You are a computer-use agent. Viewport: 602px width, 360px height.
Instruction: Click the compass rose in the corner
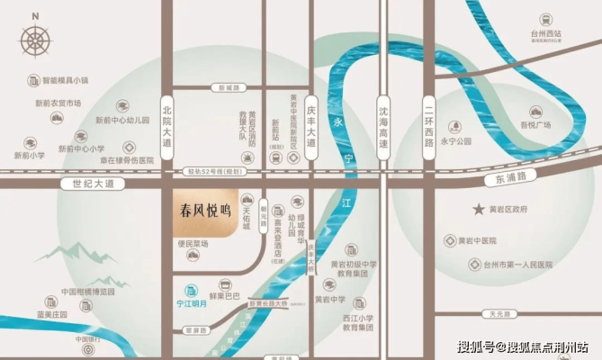[x=37, y=40]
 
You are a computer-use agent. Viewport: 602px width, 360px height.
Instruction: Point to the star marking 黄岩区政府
[x=480, y=209]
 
